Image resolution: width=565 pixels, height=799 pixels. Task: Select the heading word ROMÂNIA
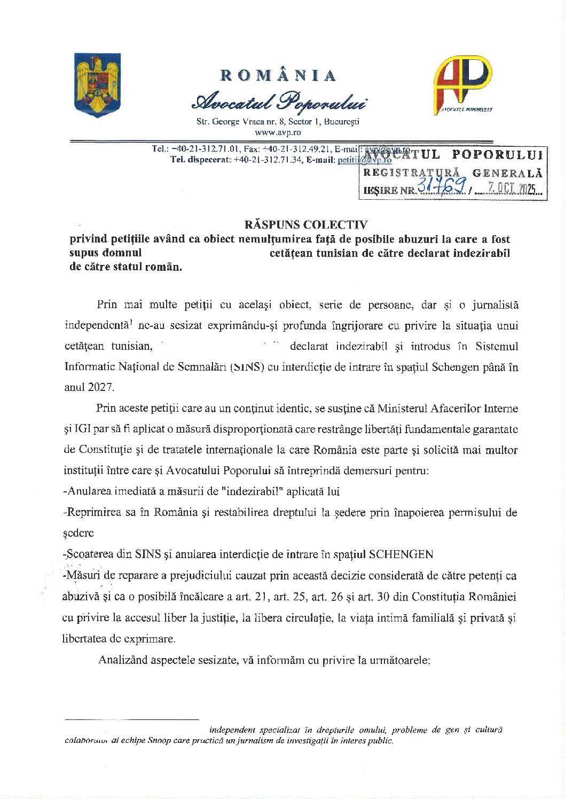tap(278, 75)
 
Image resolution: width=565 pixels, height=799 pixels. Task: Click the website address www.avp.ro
tap(278, 132)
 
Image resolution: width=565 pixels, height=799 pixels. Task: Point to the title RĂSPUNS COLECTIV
tap(306, 224)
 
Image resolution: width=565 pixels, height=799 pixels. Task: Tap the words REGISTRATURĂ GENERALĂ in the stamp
tap(452, 173)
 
